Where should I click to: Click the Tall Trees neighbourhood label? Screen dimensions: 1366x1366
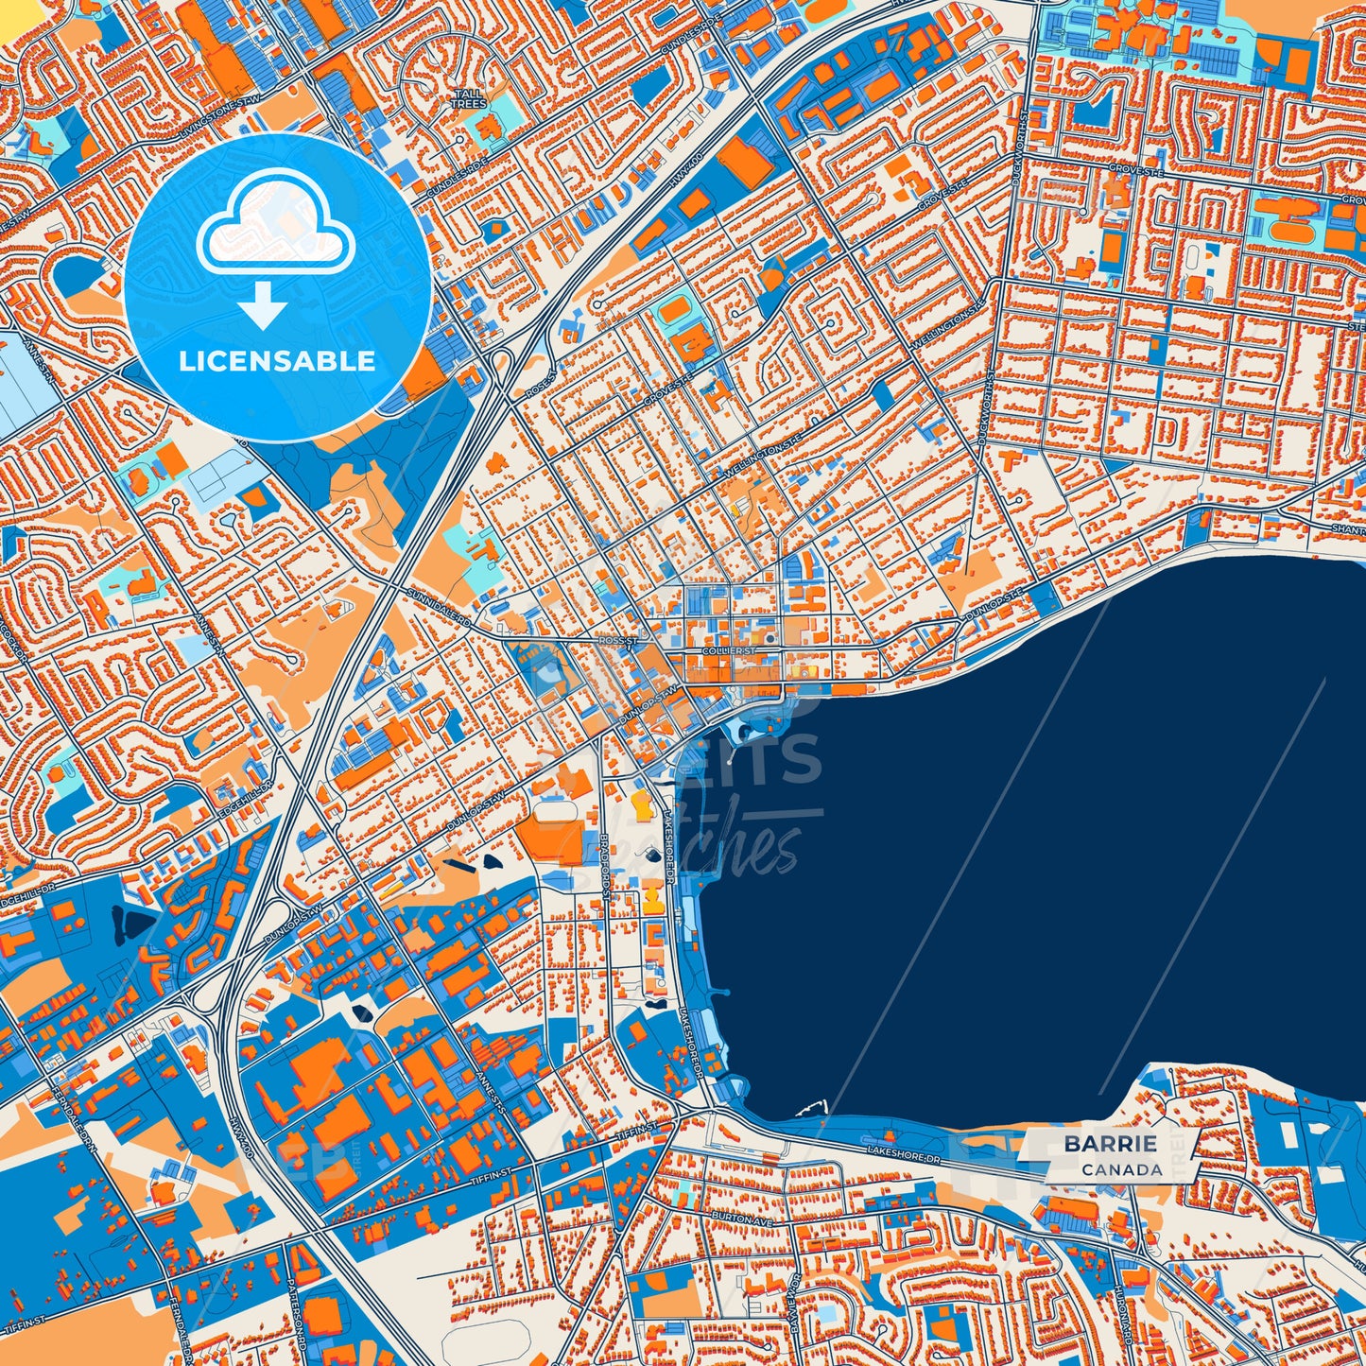tap(468, 98)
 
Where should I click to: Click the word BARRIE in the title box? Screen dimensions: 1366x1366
tap(1110, 1143)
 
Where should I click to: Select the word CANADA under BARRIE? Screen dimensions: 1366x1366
tap(1122, 1169)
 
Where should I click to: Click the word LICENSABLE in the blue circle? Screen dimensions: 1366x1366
tap(277, 360)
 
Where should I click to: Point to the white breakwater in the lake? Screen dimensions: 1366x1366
tap(813, 1107)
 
